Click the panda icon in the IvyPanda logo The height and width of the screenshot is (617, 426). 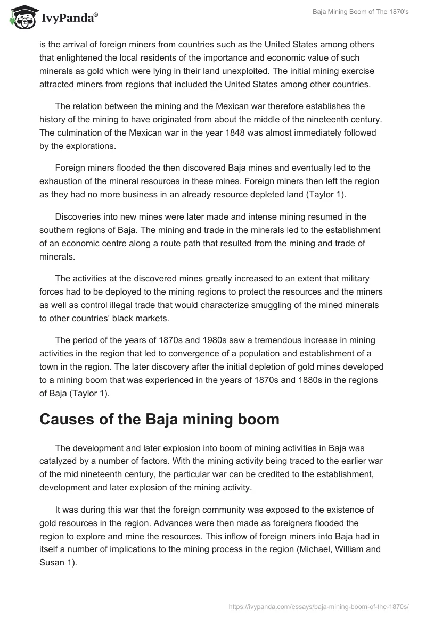click(x=20, y=18)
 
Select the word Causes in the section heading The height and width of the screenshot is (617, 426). click(x=69, y=419)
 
